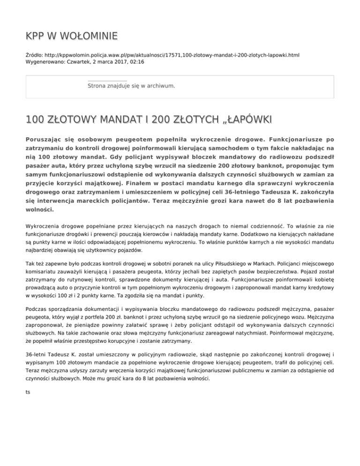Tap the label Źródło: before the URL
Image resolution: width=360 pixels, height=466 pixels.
tap(36, 55)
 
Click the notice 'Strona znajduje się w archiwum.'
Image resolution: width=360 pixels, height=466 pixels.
tap(131, 86)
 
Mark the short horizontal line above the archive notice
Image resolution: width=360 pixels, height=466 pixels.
tap(107, 81)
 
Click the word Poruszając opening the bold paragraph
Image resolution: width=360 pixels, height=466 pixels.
tap(45, 140)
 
